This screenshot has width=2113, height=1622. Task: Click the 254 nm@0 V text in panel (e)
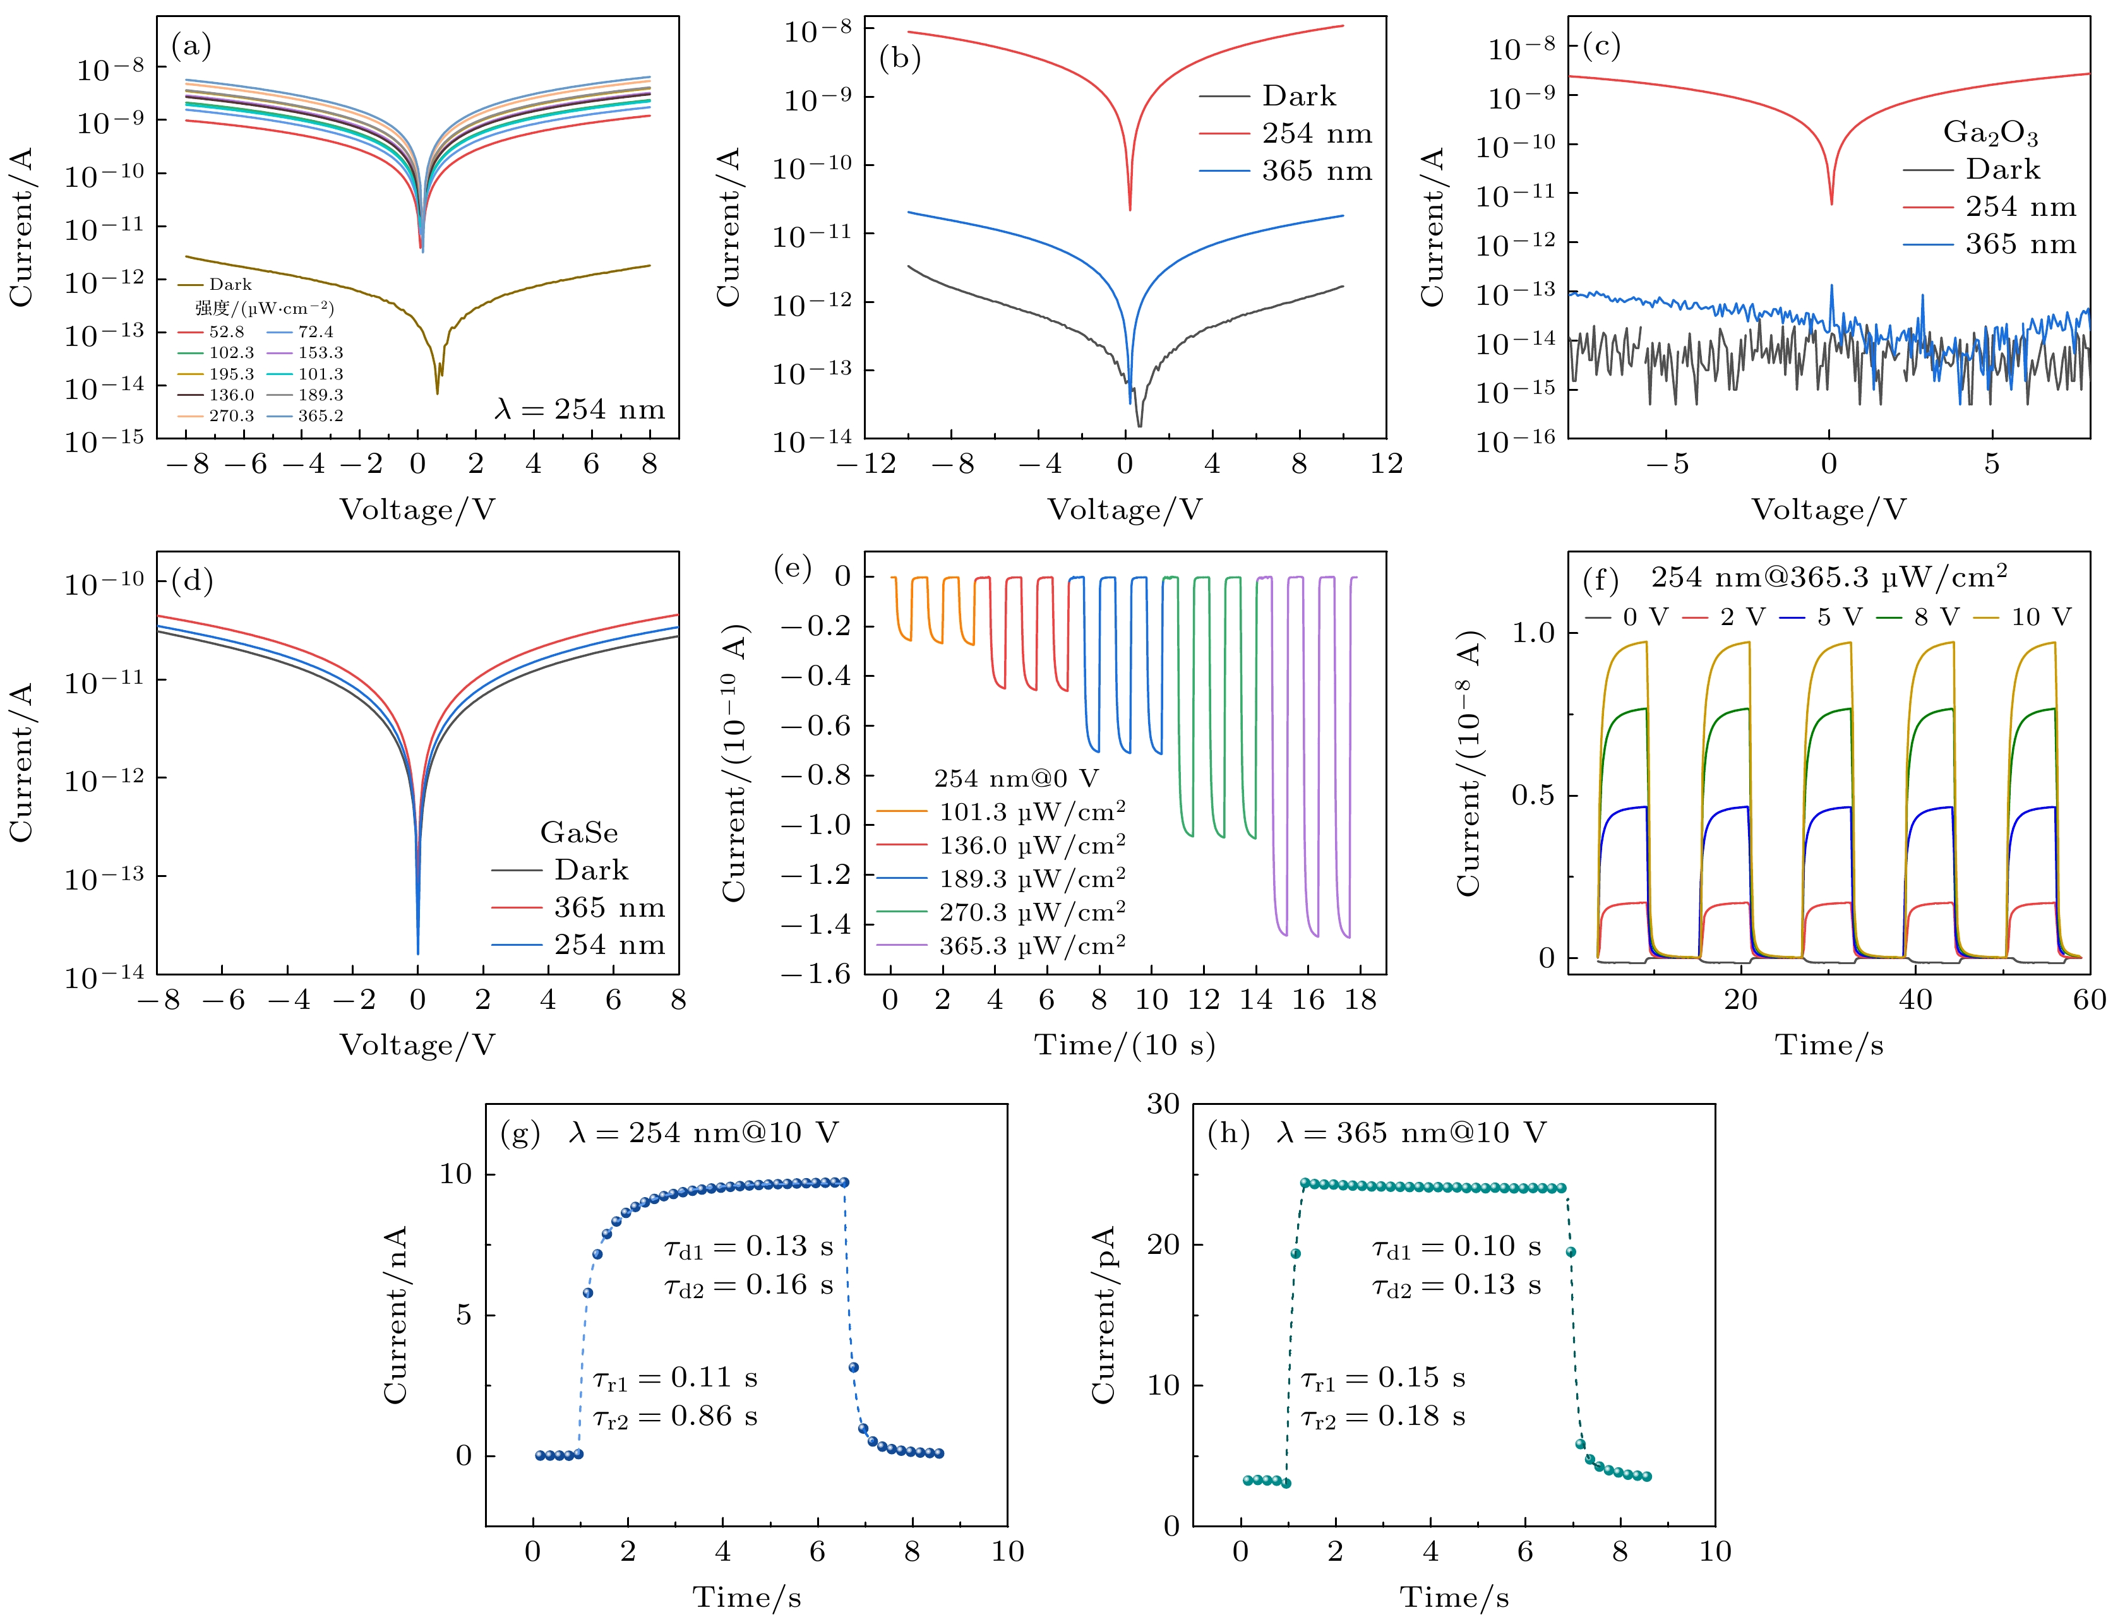pos(1016,778)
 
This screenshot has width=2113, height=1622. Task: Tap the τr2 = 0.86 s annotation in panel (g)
pos(675,1416)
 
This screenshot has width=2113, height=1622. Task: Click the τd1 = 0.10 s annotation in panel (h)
pos(1456,1246)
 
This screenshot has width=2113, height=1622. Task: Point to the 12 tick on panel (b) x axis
pos(1386,465)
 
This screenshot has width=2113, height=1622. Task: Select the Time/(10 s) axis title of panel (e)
pos(1125,1045)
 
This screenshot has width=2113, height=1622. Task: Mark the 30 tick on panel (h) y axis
pos(1163,1104)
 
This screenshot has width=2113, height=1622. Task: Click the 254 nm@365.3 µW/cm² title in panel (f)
pos(1828,577)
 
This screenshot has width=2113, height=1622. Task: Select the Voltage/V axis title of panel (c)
pos(1828,510)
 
